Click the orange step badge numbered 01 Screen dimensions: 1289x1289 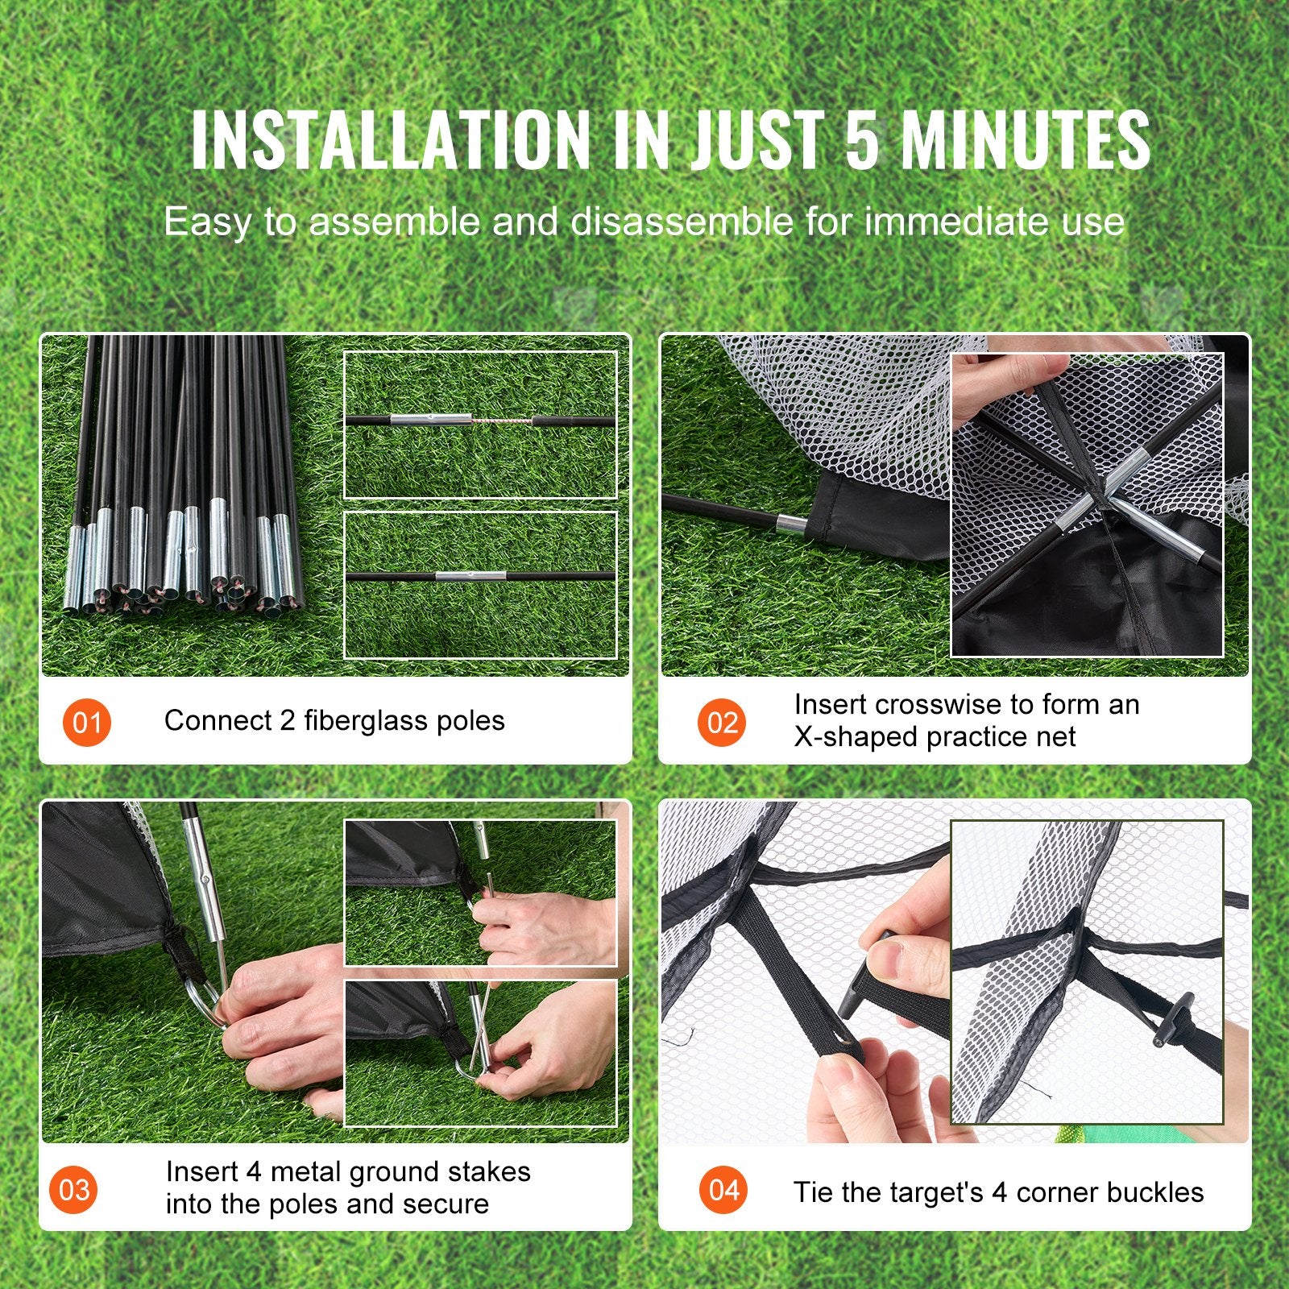pos(86,722)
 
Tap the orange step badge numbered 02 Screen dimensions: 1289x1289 pos(722,722)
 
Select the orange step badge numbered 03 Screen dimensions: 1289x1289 pos(74,1189)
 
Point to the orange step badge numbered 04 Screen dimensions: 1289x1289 pos(723,1190)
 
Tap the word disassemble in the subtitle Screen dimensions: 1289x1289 pos(682,222)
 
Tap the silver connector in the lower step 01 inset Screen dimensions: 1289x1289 pos(470,575)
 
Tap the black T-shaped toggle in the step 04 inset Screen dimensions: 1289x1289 pos(1165,1023)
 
